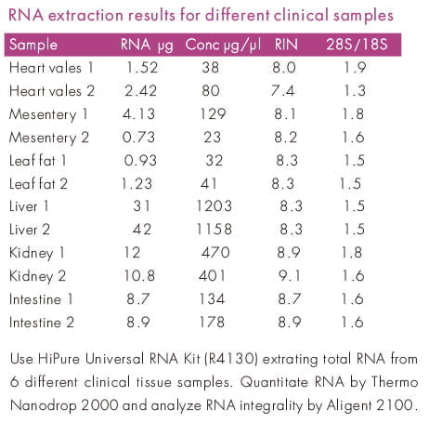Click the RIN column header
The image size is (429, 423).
(286, 45)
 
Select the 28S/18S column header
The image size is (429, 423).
(357, 45)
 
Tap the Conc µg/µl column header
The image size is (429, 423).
(223, 46)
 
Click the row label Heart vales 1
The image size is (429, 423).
(51, 68)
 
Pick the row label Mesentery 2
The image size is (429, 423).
(49, 138)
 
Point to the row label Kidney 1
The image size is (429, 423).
(37, 253)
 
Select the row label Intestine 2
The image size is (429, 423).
(42, 323)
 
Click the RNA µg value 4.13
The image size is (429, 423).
(138, 114)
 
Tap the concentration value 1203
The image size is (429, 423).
(214, 206)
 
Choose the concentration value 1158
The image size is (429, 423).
(214, 230)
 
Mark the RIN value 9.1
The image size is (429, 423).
(290, 275)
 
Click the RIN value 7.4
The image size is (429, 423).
(282, 91)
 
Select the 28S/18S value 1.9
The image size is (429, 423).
(356, 68)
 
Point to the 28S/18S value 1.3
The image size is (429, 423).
(355, 91)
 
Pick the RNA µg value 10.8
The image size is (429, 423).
(139, 275)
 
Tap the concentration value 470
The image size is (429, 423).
(215, 253)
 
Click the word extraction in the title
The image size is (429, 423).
(85, 15)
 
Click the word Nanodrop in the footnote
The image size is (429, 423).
(43, 405)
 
